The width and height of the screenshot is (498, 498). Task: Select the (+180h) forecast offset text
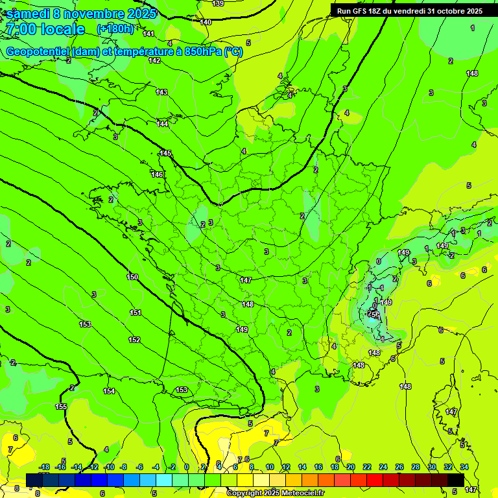[x=115, y=29]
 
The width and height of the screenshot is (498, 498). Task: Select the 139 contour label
[x=219, y=4]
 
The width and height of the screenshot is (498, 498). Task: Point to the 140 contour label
[x=206, y=23]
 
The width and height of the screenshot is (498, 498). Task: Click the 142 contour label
[x=154, y=60]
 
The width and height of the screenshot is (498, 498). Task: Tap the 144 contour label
[x=163, y=124]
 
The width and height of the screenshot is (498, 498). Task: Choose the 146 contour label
[x=157, y=174]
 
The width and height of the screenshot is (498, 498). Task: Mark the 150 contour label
[x=132, y=277]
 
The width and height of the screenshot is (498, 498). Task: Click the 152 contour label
[x=134, y=340]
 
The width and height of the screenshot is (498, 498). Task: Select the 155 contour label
[x=61, y=407]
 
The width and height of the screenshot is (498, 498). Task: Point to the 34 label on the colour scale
[x=464, y=467]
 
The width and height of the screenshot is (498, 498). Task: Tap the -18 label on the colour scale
[x=44, y=467]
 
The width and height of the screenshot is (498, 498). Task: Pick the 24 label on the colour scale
[x=383, y=467]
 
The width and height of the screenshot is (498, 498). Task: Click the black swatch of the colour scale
[x=456, y=479]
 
